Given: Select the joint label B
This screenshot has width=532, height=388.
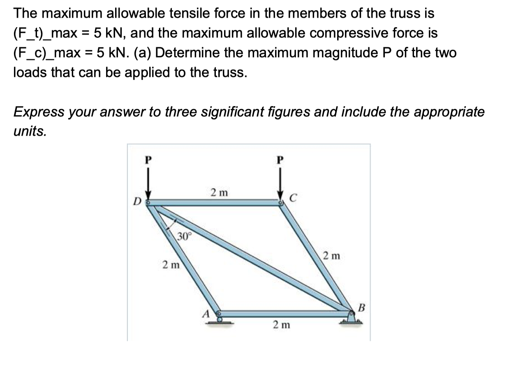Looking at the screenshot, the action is pos(361,307).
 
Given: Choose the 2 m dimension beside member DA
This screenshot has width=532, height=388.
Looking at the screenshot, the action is pos(171,265).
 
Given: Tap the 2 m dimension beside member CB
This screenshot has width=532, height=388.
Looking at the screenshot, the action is pos(331,256).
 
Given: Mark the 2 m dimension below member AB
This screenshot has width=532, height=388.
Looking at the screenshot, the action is pos(281,325).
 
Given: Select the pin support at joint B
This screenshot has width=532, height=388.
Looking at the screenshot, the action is pos(351,318).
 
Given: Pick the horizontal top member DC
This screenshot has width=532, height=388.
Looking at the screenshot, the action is pos(214,202).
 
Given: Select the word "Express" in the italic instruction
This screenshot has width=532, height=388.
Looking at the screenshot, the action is pos(39,111).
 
